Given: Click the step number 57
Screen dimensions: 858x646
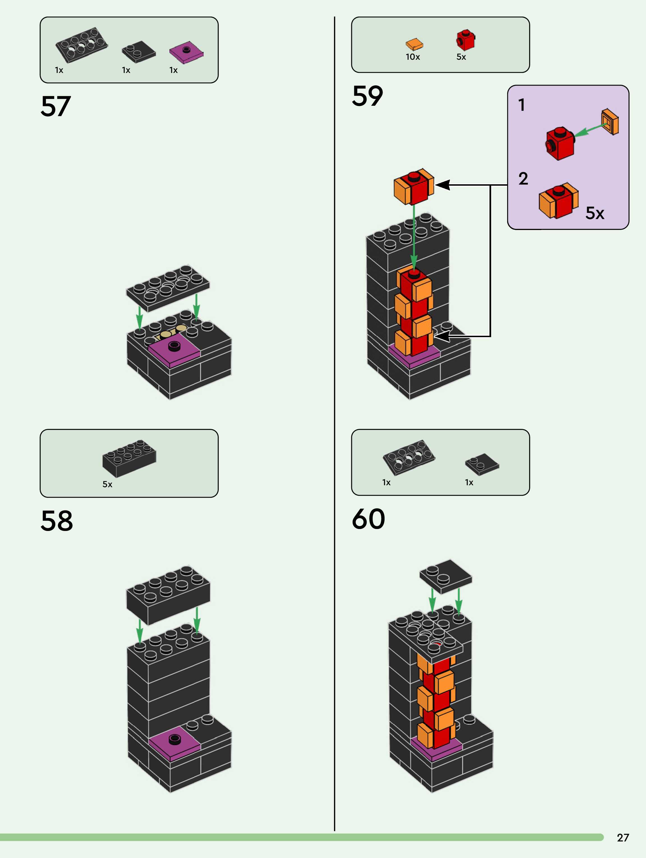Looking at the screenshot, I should click(x=56, y=106).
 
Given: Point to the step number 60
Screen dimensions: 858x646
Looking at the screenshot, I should click(x=368, y=519).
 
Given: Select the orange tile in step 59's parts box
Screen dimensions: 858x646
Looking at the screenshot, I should click(x=414, y=45).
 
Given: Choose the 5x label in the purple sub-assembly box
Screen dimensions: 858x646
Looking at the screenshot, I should click(x=594, y=213).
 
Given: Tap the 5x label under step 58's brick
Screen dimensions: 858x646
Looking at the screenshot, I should click(x=107, y=484).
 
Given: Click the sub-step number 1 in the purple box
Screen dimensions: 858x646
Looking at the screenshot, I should click(x=522, y=105).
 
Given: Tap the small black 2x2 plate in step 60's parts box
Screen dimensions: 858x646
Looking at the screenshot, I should click(x=482, y=464).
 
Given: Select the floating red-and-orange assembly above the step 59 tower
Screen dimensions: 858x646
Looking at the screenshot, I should click(x=413, y=187).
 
